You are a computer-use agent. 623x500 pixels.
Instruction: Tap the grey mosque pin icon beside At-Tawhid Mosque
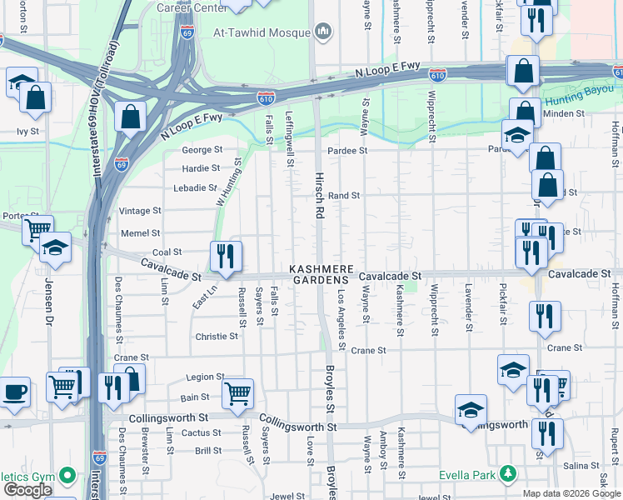tap(323, 32)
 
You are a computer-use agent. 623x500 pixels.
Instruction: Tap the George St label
tap(203, 150)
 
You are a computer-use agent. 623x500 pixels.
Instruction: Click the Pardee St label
tap(347, 151)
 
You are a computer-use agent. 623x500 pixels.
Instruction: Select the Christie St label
tap(217, 337)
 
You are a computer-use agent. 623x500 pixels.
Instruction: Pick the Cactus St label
tap(201, 432)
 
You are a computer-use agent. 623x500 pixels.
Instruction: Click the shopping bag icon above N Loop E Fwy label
tap(131, 117)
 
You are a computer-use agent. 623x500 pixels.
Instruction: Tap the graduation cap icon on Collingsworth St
tap(471, 409)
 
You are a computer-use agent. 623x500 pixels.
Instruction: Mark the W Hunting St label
tap(227, 184)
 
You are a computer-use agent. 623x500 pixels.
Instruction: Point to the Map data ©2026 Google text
tap(571, 493)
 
